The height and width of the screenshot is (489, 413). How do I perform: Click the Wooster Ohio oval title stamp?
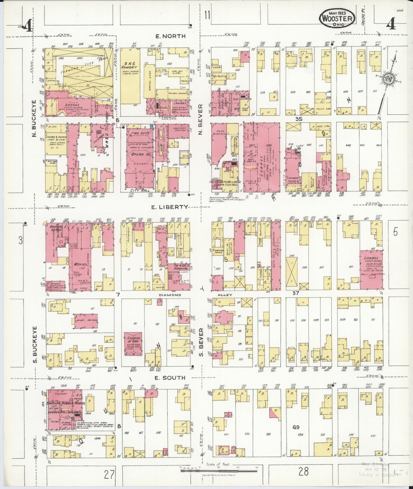(x=337, y=18)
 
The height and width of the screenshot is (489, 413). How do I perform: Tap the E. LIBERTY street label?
(x=170, y=207)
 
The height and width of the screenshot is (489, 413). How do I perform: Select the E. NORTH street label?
(x=170, y=36)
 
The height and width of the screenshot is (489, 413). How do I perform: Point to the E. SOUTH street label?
(x=170, y=378)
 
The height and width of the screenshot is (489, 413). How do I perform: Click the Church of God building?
(x=133, y=344)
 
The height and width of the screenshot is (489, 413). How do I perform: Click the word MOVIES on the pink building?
(x=80, y=264)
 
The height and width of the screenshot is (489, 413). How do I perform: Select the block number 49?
(x=296, y=427)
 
